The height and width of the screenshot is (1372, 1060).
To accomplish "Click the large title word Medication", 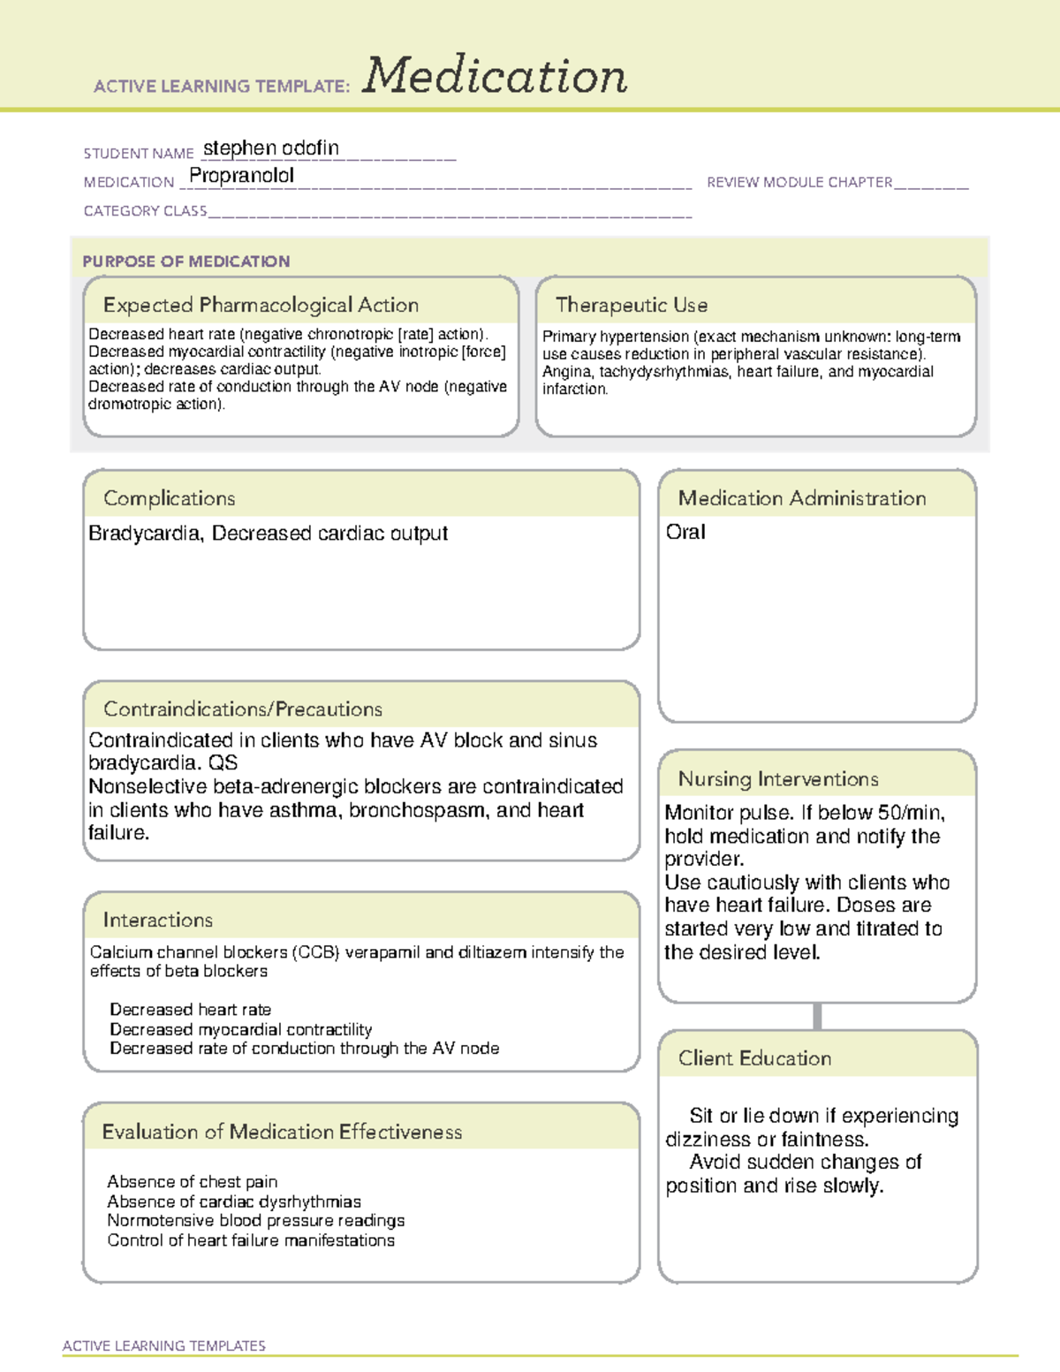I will [x=495, y=76].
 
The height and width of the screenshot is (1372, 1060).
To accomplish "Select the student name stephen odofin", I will [x=270, y=148].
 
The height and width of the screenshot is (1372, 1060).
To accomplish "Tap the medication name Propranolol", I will [x=241, y=176].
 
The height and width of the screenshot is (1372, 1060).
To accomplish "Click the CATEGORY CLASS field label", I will [x=145, y=211].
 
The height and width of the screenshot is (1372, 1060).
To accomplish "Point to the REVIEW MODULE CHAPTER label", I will [x=799, y=182].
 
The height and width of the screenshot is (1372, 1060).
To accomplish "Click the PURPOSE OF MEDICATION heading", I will [x=185, y=262].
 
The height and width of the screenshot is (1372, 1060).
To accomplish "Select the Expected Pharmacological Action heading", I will [x=261, y=305].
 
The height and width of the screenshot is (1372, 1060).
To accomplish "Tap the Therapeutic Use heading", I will [x=631, y=305].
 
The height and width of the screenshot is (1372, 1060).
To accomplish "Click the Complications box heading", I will [x=169, y=498].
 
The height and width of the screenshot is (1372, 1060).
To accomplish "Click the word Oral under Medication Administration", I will [x=685, y=532].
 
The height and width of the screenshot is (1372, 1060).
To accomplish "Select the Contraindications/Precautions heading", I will [x=242, y=709].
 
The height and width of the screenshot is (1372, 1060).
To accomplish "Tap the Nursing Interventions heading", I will [x=777, y=779].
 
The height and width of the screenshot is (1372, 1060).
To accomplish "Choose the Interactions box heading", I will [x=157, y=921].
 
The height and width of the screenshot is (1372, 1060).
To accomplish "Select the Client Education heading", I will [x=754, y=1058].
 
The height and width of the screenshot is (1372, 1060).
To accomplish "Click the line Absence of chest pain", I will [x=192, y=1182].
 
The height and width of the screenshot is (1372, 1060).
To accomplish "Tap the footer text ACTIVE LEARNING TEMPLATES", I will [x=163, y=1345].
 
